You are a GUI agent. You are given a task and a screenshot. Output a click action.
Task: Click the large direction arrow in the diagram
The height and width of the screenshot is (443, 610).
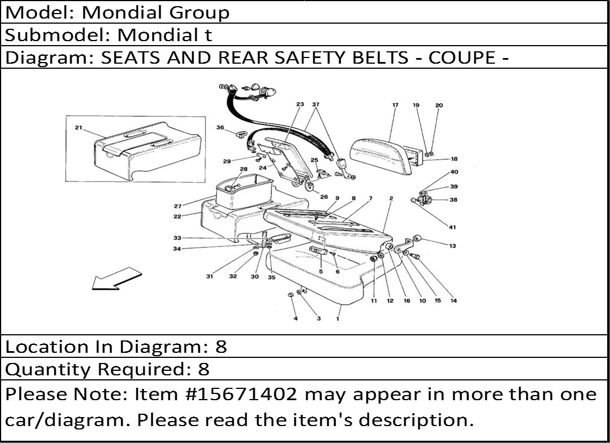point(117,278)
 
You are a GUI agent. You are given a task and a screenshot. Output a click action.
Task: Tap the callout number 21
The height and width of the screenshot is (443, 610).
point(79,128)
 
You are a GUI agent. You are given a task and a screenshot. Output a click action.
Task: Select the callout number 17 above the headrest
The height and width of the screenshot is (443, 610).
point(395,105)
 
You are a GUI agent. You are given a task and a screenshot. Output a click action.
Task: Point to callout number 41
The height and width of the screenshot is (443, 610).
point(452,227)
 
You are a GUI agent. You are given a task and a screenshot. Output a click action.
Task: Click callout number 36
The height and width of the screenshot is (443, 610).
point(220,127)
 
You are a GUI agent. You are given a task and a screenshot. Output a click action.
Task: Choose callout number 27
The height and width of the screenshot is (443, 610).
point(178,206)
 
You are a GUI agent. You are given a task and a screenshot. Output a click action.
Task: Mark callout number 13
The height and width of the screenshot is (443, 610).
point(452,246)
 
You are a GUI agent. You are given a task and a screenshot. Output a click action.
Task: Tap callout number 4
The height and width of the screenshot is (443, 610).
point(296,319)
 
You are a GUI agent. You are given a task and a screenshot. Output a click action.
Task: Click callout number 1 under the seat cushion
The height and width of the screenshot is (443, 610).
point(338,319)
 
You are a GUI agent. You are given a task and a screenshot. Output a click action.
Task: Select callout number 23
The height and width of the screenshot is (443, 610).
point(300,104)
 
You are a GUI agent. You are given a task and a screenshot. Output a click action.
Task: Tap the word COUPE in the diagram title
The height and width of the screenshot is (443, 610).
point(462,57)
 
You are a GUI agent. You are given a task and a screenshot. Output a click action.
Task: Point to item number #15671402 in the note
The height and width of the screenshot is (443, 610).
point(243,394)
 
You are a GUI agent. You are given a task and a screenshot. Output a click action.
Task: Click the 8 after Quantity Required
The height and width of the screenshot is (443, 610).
point(204,369)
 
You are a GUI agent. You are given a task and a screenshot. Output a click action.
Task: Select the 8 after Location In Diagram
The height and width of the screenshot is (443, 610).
point(221,347)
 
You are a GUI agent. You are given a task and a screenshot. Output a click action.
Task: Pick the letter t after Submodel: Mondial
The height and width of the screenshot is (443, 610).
point(208,35)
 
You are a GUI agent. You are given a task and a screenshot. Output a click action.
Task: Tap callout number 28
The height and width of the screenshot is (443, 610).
point(243,169)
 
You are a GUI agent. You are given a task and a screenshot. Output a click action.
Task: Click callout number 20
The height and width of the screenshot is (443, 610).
point(439,105)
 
